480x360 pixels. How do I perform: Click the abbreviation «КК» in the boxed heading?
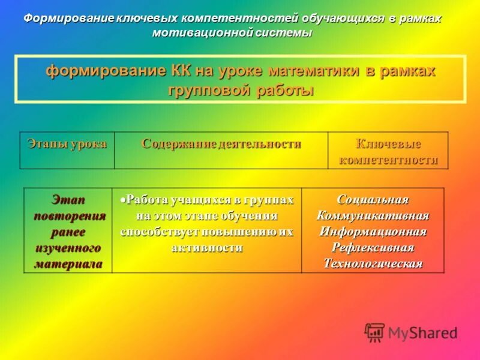(x=178, y=71)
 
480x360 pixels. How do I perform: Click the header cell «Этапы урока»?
(x=67, y=144)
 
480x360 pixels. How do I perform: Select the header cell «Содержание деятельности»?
(x=221, y=144)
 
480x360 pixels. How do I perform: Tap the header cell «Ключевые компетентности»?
(x=388, y=152)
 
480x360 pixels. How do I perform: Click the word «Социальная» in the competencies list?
(x=373, y=200)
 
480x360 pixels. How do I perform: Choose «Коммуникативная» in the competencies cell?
(x=373, y=216)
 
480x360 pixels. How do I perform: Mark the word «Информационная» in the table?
(x=373, y=232)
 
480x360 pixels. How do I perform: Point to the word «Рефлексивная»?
(x=373, y=247)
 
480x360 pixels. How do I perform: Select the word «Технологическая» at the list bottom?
(x=373, y=263)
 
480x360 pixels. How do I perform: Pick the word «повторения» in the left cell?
(x=68, y=216)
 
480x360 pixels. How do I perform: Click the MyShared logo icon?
(x=375, y=332)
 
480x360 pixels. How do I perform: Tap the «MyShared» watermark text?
(x=422, y=333)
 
